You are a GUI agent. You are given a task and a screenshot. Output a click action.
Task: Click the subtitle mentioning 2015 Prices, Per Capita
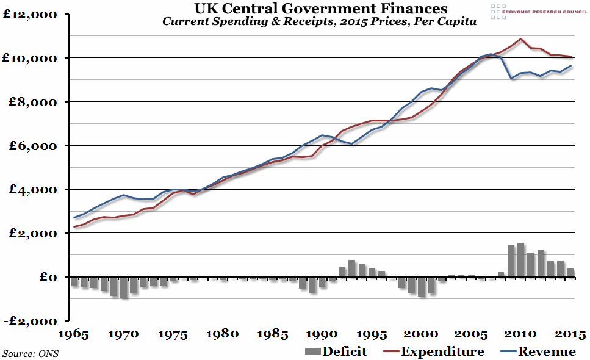pos(319,22)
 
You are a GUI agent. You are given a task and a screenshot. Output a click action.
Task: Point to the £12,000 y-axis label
pos(28,14)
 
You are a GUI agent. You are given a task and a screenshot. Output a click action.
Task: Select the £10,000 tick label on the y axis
pos(28,58)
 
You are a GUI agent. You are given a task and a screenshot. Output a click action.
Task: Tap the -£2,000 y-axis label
pos(28,321)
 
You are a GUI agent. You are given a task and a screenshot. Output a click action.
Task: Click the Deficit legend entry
pos(335,351)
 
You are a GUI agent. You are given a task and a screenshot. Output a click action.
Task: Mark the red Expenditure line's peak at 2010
pos(520,39)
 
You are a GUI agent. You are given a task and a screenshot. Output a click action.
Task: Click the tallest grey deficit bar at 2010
pos(520,260)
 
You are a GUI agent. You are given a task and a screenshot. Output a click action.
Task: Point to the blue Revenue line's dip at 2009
pos(511,79)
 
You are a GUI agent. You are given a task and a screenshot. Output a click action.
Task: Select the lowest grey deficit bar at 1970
pos(124,287)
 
